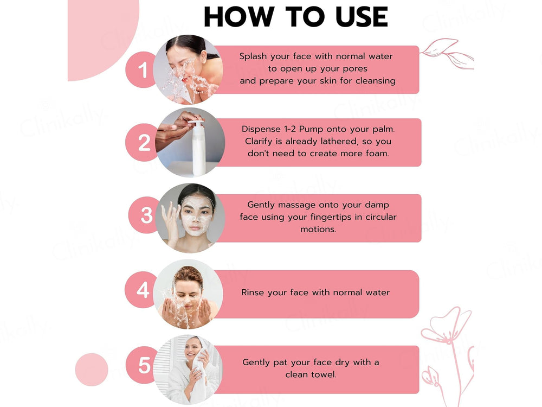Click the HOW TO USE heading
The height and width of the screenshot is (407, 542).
295,17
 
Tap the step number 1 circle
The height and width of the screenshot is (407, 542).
142,70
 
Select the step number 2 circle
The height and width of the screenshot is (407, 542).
144,143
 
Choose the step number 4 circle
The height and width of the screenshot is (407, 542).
143,290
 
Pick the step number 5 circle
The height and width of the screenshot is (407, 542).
144,365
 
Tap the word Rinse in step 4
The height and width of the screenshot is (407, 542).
253,292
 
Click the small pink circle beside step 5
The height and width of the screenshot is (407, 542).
92,370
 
